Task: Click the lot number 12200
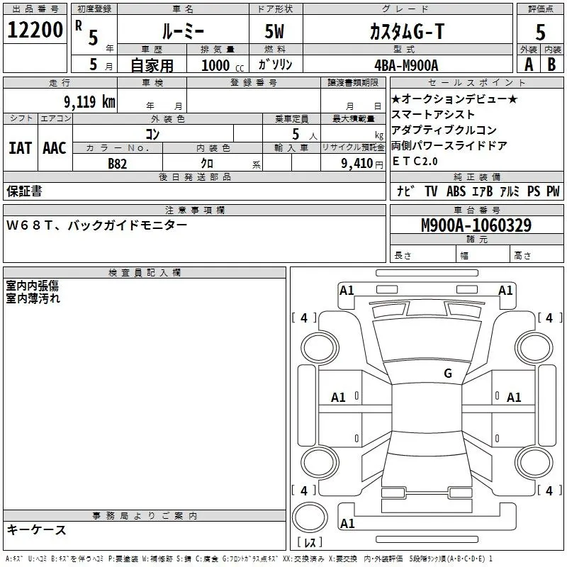pyautogui.click(x=35, y=30)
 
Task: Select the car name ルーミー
pyautogui.click(x=182, y=30)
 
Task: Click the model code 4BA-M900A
pyautogui.click(x=406, y=64)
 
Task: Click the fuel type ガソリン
pyautogui.click(x=275, y=64)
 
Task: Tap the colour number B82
pyautogui.click(x=118, y=164)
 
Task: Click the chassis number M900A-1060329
pyautogui.click(x=476, y=225)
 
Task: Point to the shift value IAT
pyautogui.click(x=20, y=147)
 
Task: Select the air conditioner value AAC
pyautogui.click(x=54, y=147)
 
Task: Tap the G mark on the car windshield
pyautogui.click(x=447, y=373)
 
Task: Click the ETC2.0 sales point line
pyautogui.click(x=417, y=162)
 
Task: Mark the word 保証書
pyautogui.click(x=24, y=191)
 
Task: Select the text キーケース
pyautogui.click(x=36, y=529)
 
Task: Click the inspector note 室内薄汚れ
pyautogui.click(x=33, y=298)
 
